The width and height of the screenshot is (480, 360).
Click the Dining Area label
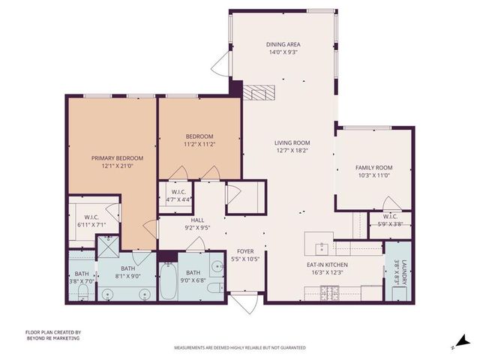click(282, 43)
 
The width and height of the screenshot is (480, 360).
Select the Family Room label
click(373, 167)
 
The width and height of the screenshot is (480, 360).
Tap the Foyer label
click(245, 251)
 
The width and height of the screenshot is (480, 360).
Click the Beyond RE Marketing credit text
click(53, 338)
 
